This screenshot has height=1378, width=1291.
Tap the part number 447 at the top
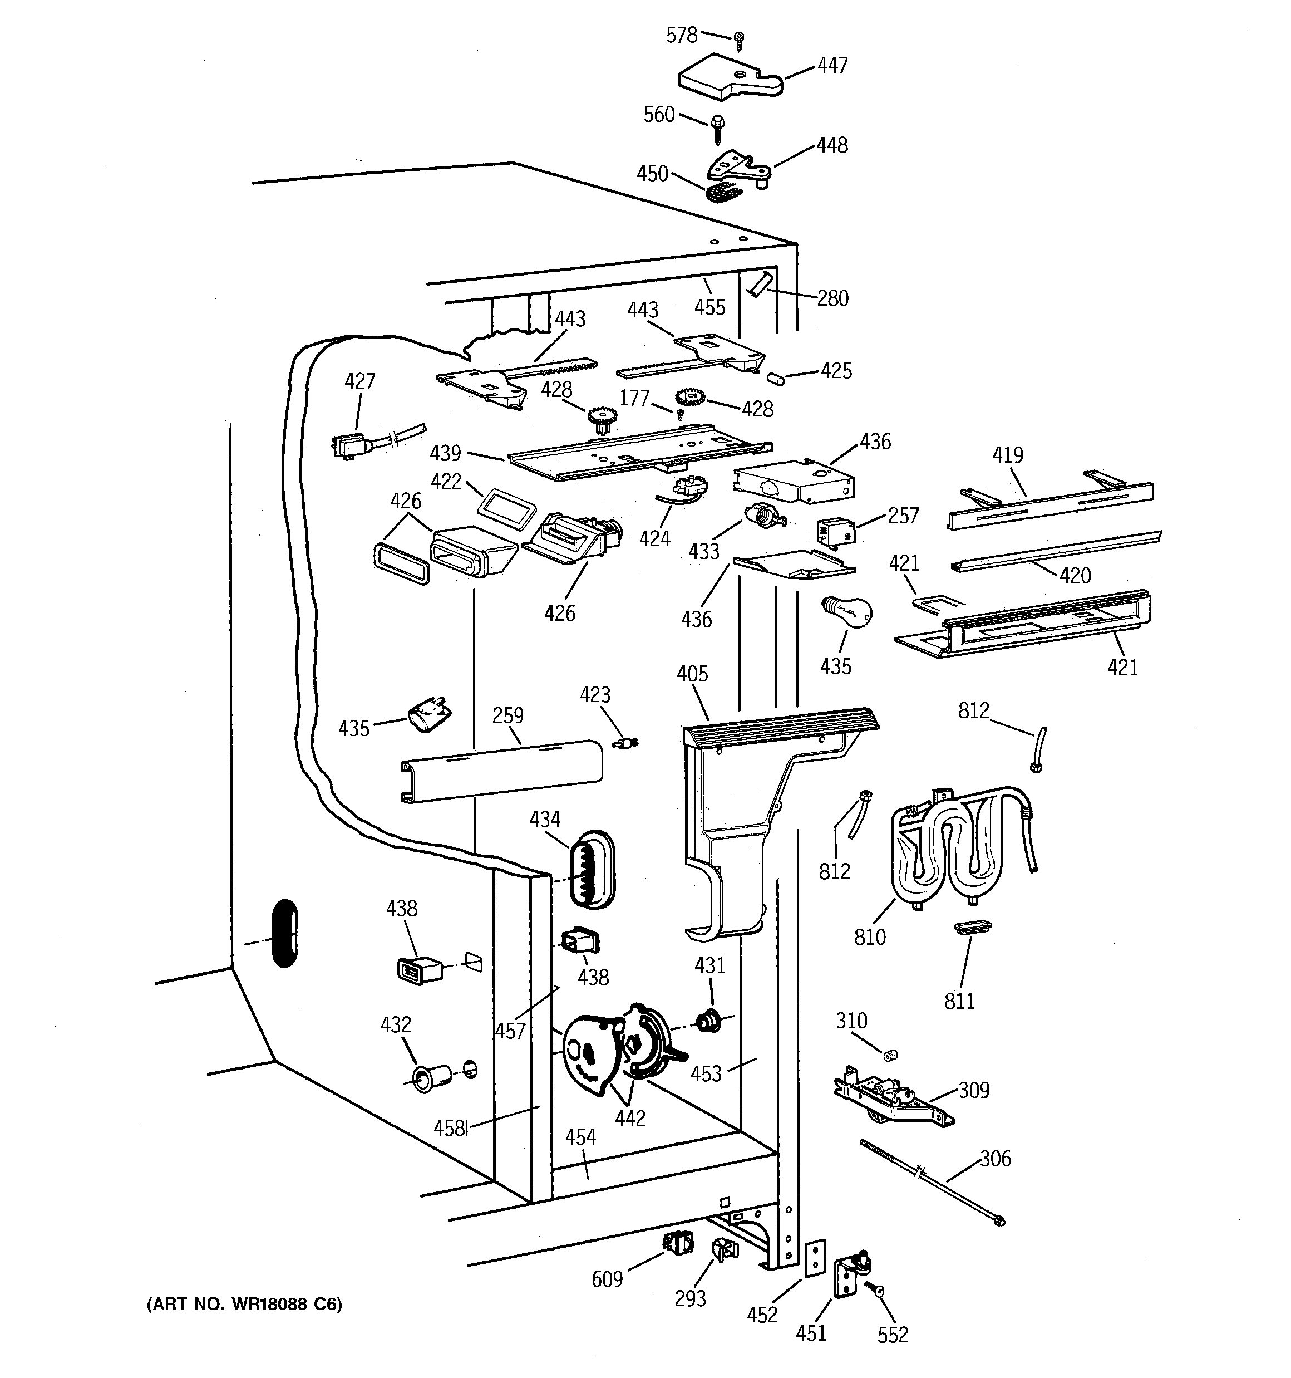[832, 65]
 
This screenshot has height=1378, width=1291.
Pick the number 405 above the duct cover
[692, 673]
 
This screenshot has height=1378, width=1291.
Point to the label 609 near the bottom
[607, 1279]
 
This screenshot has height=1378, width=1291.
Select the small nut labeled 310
[890, 1055]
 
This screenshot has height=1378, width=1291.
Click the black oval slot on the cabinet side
[285, 933]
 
